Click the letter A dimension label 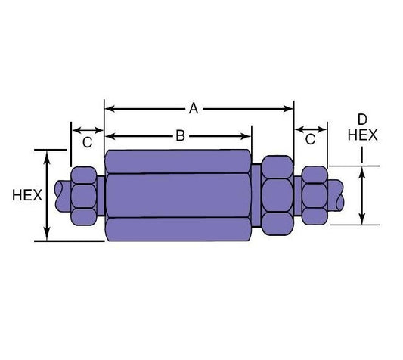point(194,109)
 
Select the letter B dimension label point(180,136)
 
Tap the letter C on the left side point(87,141)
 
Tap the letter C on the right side point(310,139)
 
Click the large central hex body point(178,195)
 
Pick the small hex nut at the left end point(83,195)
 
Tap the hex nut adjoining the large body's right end point(277,194)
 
